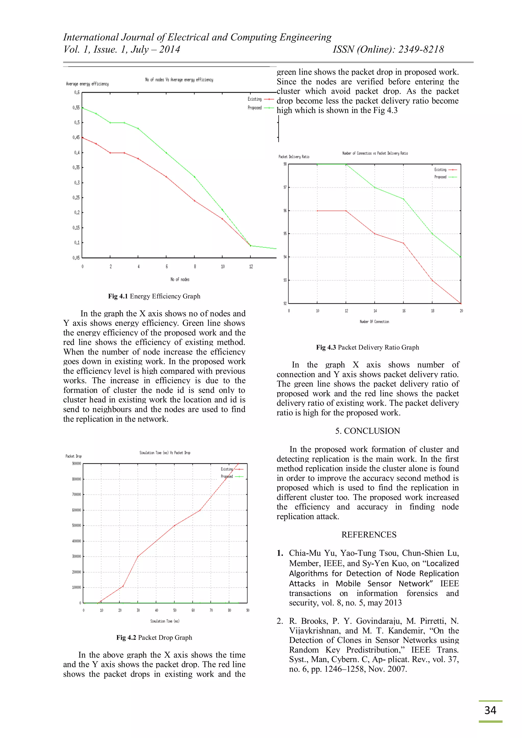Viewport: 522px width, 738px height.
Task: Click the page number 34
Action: tap(490, 710)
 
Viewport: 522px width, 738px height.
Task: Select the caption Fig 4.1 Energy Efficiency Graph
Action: tap(154, 296)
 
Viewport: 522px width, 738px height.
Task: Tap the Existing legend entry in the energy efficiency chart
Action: tap(255, 99)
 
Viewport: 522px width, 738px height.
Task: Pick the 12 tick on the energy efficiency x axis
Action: tap(251, 266)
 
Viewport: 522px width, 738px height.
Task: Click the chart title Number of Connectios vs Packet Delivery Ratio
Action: tap(375, 153)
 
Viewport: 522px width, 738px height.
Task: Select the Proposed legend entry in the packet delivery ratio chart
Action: tap(440, 177)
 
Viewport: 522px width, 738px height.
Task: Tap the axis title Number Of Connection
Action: tap(374, 321)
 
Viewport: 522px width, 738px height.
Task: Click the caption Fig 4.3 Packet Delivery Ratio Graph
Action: tap(367, 347)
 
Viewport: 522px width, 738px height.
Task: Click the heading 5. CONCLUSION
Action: tap(367, 431)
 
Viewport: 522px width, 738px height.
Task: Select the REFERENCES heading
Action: tap(369, 534)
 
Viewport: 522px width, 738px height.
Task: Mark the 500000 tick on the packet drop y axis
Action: tap(76, 526)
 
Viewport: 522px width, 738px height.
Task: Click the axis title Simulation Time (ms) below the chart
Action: tap(165, 621)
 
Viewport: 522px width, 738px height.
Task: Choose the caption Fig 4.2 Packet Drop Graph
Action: tap(154, 637)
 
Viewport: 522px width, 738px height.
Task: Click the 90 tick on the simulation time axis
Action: tap(248, 610)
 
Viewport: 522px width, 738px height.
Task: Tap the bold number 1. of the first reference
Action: tap(280, 553)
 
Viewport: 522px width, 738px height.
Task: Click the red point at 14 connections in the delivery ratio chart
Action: tap(375, 234)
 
